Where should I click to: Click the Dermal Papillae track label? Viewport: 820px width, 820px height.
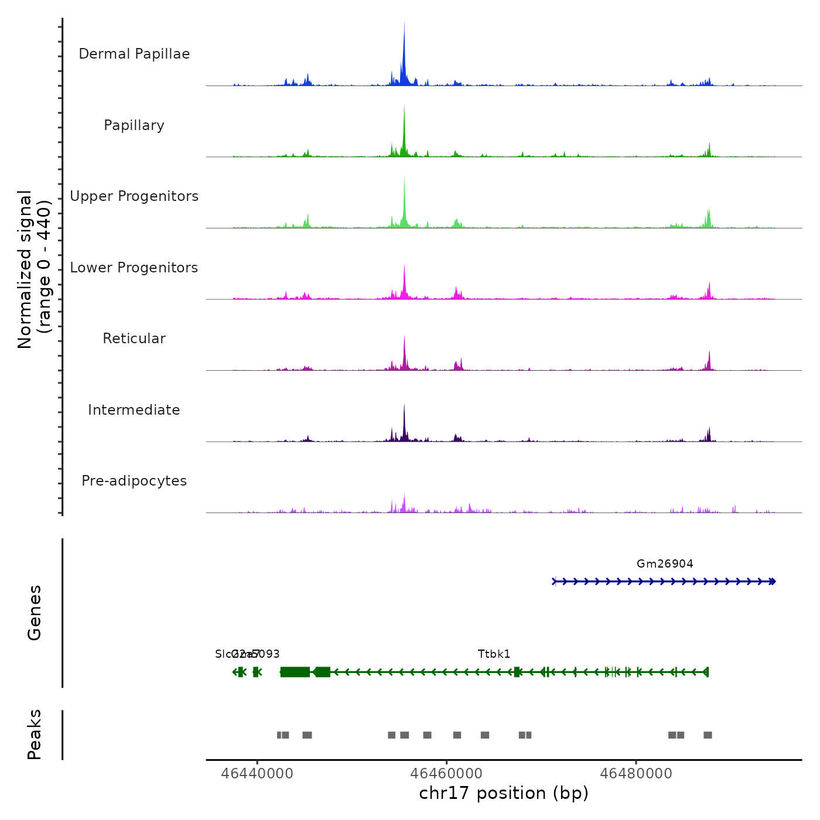tap(134, 54)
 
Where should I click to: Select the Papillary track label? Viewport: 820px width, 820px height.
tap(134, 125)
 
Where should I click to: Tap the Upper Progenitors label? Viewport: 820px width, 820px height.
tap(134, 196)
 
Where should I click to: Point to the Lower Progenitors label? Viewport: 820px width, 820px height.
tap(134, 268)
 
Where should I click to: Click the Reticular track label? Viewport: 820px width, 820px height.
tap(134, 339)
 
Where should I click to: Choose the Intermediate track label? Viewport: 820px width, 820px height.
tap(134, 410)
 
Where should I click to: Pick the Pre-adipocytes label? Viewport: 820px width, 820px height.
tap(134, 481)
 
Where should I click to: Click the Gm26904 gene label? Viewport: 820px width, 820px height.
tap(665, 564)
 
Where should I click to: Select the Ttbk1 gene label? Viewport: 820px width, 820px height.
tap(494, 654)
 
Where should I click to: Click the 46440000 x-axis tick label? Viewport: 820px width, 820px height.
tap(257, 773)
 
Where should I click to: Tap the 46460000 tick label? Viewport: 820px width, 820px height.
tap(447, 773)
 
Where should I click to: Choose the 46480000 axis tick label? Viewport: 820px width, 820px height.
tap(636, 773)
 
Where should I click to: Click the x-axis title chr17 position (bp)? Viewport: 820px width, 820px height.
tap(504, 793)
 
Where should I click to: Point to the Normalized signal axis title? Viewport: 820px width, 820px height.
tap(34, 269)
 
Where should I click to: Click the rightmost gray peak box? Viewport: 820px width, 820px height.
tap(708, 735)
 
